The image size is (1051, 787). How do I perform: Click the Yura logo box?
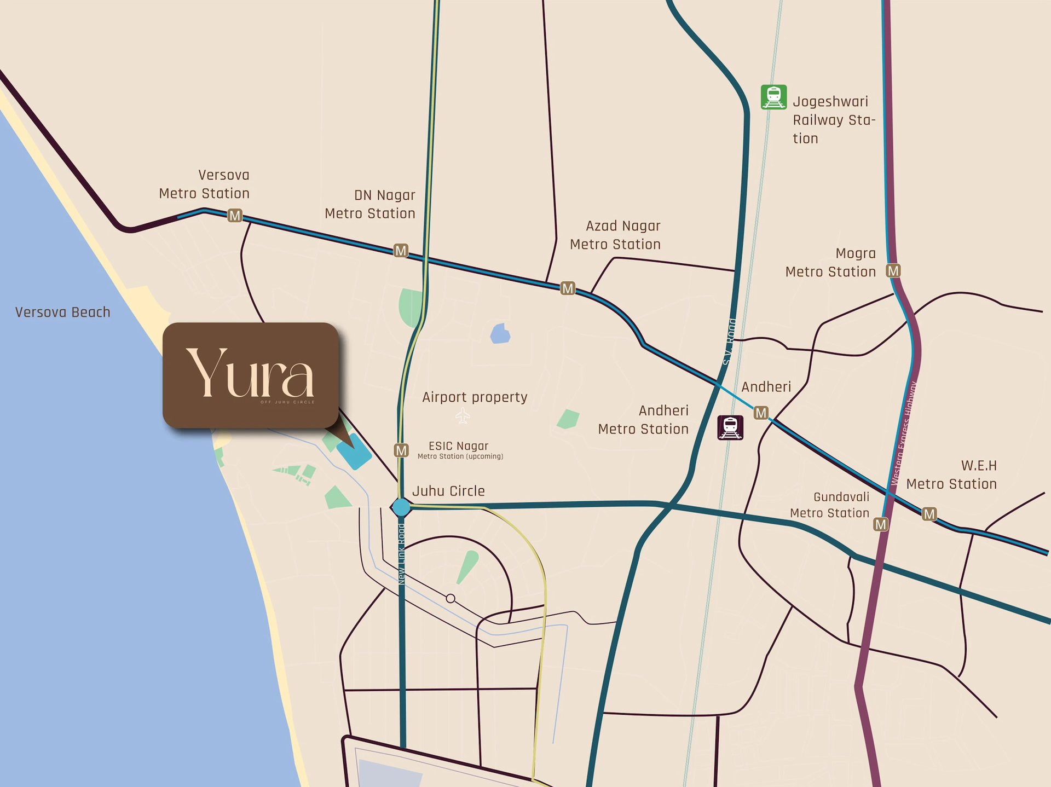click(x=251, y=375)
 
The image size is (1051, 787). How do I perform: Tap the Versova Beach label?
click(x=63, y=312)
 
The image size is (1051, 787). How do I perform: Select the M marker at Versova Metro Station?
click(x=235, y=216)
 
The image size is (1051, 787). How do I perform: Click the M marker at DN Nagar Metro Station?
click(x=401, y=251)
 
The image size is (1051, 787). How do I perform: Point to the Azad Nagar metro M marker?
click(x=568, y=288)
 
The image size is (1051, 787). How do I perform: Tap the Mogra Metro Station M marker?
click(x=893, y=271)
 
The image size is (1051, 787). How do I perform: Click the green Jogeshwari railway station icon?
click(x=773, y=97)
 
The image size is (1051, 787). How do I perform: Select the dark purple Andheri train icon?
click(x=730, y=427)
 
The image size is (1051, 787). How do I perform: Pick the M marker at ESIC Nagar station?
click(x=401, y=450)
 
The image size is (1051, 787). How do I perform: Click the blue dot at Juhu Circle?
click(x=401, y=507)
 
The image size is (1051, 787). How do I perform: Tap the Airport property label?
click(x=475, y=397)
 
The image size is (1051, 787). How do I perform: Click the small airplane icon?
click(x=463, y=415)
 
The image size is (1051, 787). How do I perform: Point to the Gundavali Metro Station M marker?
click(x=880, y=524)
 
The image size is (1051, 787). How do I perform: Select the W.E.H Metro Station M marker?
click(x=929, y=514)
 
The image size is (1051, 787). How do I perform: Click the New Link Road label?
click(x=402, y=554)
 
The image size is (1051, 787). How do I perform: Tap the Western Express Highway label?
click(x=904, y=432)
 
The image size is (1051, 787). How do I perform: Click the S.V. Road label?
click(x=730, y=342)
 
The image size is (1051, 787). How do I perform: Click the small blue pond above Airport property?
click(x=500, y=333)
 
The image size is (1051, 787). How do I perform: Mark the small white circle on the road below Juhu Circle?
click(x=451, y=599)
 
